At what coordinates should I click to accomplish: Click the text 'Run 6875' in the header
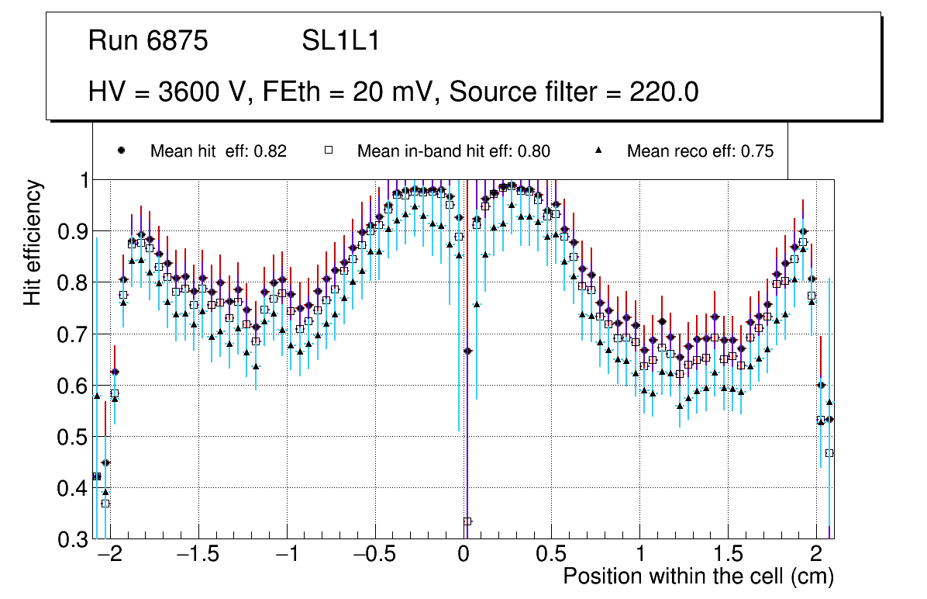[x=148, y=41]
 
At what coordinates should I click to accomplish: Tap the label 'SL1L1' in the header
[x=340, y=41]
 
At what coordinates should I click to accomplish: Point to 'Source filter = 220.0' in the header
[x=574, y=92]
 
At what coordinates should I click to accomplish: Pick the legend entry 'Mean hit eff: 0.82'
[x=219, y=151]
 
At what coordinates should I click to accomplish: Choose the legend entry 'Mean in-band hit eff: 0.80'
[x=453, y=151]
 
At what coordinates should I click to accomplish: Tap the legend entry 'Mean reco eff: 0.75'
[x=700, y=151]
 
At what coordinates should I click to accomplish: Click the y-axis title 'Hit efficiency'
[x=33, y=242]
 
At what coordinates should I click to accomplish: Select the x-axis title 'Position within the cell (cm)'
[x=698, y=576]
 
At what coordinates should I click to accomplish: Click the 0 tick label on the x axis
[x=463, y=556]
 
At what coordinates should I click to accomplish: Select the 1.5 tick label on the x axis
[x=728, y=556]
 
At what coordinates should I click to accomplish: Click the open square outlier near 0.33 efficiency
[x=467, y=521]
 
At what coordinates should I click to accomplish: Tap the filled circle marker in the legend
[x=120, y=151]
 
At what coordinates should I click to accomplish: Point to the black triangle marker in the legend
[x=599, y=151]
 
